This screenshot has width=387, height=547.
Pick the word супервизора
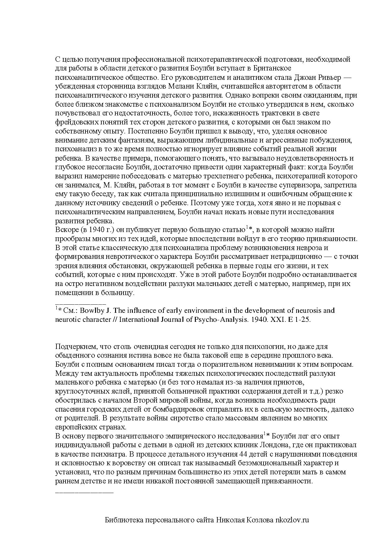302,185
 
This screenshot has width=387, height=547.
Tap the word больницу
120,293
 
